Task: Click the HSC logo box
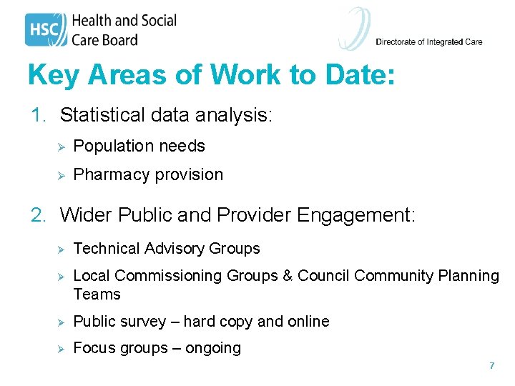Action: [46, 30]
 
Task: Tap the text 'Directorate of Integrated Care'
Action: [429, 42]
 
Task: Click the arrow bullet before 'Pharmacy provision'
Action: [62, 175]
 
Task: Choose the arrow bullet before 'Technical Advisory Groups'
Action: [62, 249]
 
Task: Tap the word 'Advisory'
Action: [175, 249]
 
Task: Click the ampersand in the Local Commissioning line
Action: [287, 276]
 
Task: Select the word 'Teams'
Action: [97, 295]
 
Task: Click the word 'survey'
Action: [142, 322]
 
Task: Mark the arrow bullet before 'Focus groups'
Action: [62, 349]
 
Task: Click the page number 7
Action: [491, 366]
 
